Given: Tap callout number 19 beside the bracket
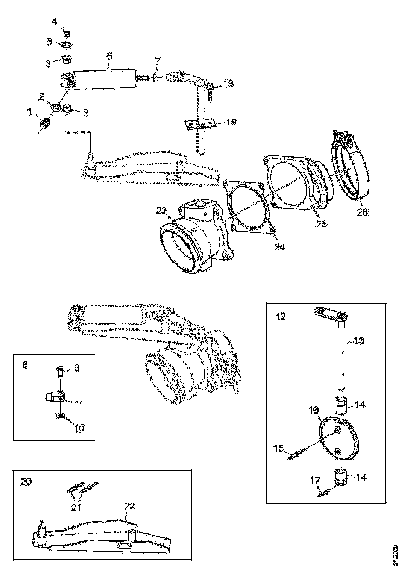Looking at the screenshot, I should [x=231, y=122].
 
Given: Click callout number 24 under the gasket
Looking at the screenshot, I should [x=279, y=247].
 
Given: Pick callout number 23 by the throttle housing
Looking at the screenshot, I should [x=162, y=210].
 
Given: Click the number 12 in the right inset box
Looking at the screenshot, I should [x=280, y=317].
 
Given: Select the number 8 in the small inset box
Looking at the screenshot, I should [x=25, y=365].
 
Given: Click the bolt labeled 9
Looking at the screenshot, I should [x=60, y=372].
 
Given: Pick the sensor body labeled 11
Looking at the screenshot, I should [x=54, y=400].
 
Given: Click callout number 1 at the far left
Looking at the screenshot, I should [x=30, y=111].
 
